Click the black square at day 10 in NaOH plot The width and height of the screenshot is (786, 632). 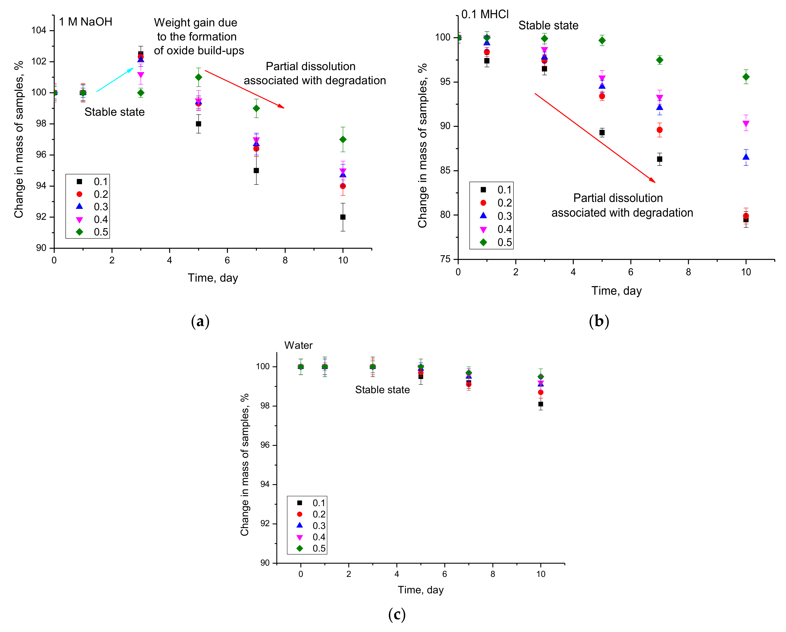(x=343, y=217)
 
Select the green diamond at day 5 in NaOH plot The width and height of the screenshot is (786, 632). (x=198, y=77)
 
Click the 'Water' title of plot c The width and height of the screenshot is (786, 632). (x=298, y=345)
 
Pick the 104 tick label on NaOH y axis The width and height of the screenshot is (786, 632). (x=39, y=30)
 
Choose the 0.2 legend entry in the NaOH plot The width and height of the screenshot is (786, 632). (x=101, y=194)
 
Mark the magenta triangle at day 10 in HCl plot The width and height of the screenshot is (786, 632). (x=746, y=124)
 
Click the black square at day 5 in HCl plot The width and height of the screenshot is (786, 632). (x=602, y=133)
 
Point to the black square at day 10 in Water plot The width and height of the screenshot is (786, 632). (x=541, y=404)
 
